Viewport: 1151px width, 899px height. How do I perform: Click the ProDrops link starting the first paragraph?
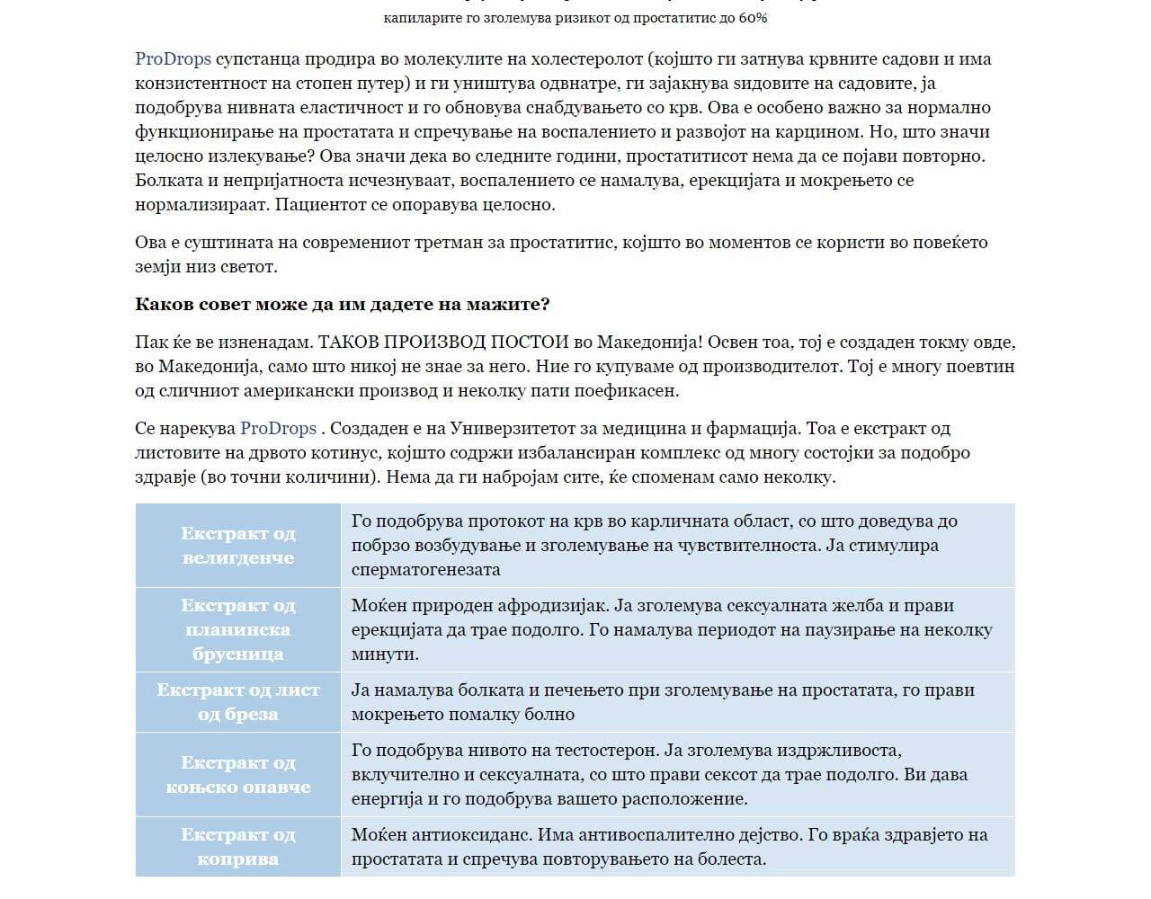(173, 59)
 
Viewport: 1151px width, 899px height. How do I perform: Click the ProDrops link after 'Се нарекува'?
(278, 429)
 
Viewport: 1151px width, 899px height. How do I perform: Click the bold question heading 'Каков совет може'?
(342, 304)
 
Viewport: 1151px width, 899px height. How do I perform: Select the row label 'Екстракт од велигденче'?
(238, 546)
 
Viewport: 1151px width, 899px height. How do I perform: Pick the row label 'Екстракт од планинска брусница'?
(238, 629)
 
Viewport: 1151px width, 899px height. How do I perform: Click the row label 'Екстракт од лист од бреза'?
(238, 702)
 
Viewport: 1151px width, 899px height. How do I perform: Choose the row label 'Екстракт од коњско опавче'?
(238, 774)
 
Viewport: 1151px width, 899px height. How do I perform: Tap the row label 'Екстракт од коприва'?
(238, 847)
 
